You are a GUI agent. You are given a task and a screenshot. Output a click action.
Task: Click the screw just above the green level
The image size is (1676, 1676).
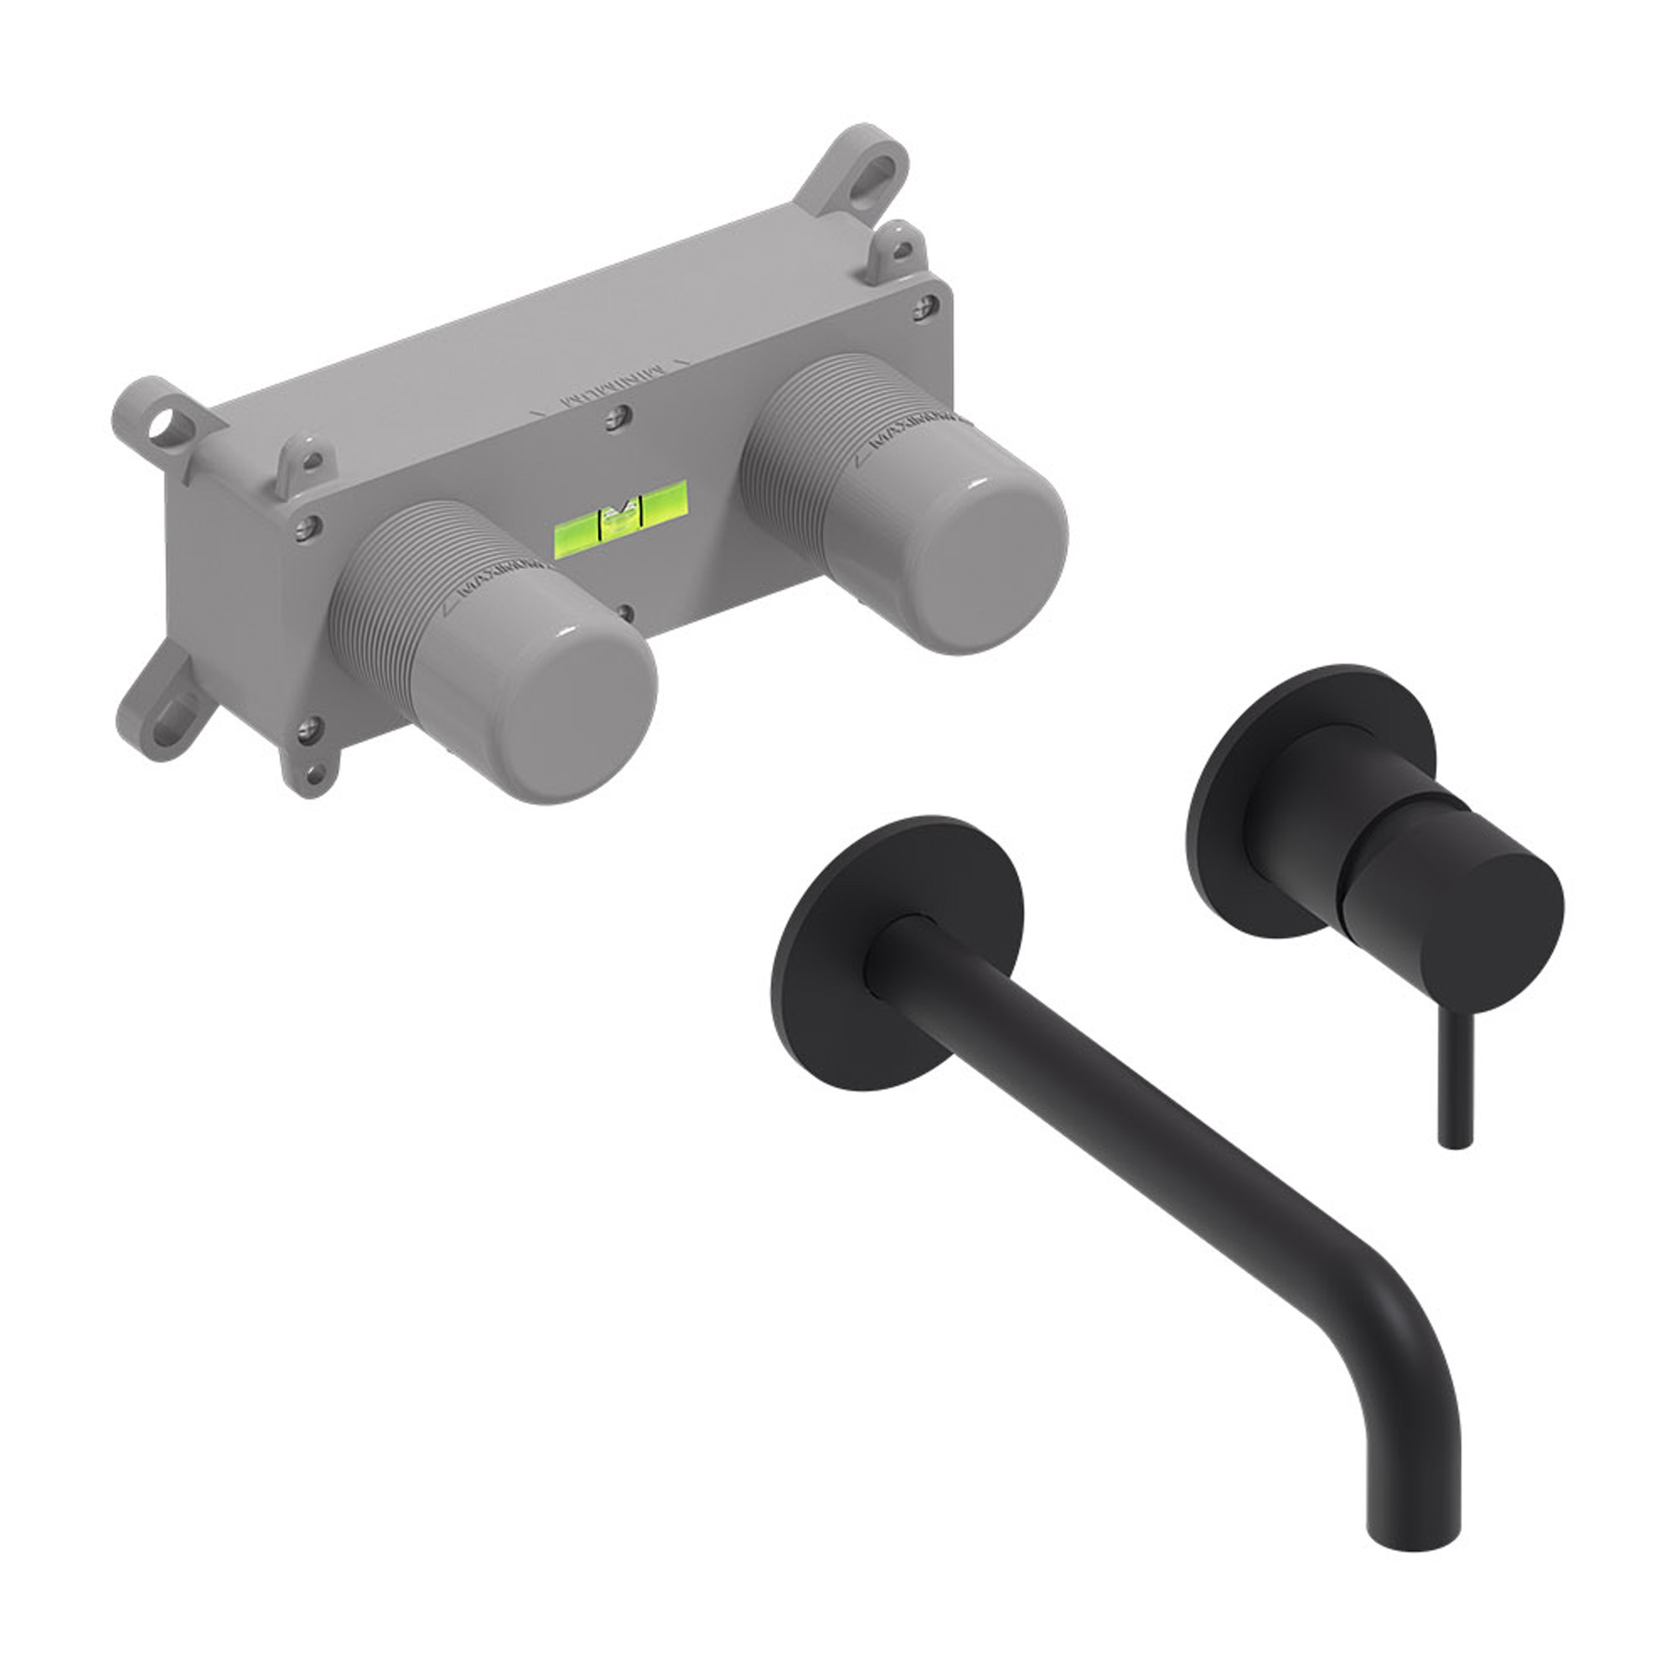coord(616,417)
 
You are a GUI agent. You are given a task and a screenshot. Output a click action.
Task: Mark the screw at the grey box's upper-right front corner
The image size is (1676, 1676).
coord(927,305)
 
